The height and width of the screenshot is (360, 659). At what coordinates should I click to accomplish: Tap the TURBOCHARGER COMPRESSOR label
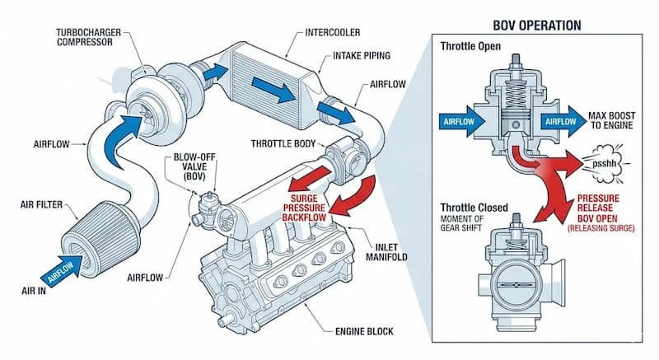tap(91, 38)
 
